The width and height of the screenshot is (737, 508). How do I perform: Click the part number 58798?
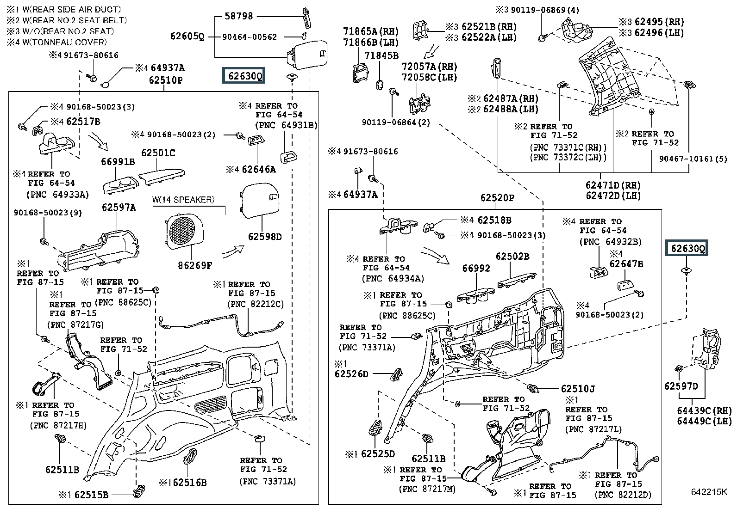[x=238, y=16]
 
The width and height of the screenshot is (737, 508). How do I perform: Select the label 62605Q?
[x=187, y=37]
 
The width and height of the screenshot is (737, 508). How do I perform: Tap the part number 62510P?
[x=166, y=80]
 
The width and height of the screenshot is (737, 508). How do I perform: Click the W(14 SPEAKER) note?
[x=183, y=200]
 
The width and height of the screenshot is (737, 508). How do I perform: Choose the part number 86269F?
[x=195, y=266]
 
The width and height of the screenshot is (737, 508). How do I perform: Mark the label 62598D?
[x=265, y=237]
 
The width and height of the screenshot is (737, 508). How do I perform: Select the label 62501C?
[x=158, y=153]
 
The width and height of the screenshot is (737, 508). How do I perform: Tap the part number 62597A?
[x=119, y=208]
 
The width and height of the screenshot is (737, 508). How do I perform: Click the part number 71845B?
[x=381, y=56]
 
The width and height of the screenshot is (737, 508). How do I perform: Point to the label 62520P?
[x=497, y=198]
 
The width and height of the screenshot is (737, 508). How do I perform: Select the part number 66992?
[x=476, y=268]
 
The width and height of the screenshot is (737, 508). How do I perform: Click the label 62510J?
[x=578, y=389]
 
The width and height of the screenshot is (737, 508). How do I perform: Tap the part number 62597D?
[x=681, y=386]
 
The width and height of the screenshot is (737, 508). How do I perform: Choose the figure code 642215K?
[x=709, y=492]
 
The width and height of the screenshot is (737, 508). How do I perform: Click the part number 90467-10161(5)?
[x=693, y=159]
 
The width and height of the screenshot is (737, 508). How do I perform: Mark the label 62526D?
[x=351, y=373]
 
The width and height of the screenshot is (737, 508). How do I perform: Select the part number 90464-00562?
[x=249, y=37]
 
